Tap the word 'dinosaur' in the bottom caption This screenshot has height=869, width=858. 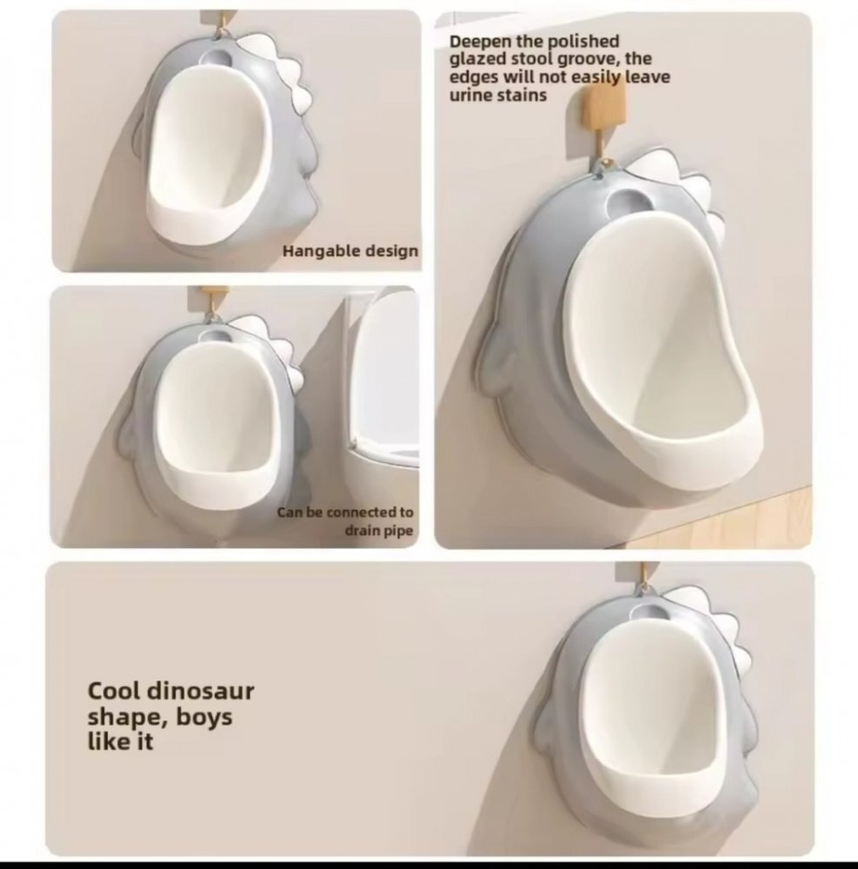[201, 691]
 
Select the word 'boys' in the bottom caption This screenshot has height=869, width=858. [204, 717]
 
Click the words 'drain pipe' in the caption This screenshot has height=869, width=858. [379, 531]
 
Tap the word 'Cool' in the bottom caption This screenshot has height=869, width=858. [116, 691]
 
